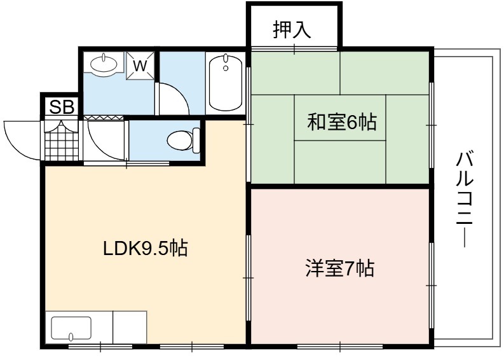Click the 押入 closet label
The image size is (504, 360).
(x=292, y=29)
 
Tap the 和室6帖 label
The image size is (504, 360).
(x=342, y=122)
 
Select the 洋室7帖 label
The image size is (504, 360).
(x=340, y=268)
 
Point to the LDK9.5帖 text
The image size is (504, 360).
(x=146, y=248)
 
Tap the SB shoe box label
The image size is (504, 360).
(x=62, y=107)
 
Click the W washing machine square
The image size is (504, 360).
(x=140, y=66)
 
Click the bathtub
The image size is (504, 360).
(x=226, y=82)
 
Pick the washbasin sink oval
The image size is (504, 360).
(x=104, y=64)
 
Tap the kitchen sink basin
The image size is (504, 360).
(x=71, y=328)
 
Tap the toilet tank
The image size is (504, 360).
(x=196, y=141)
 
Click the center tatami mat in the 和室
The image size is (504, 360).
(x=340, y=118)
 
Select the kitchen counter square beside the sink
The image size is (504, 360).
(x=130, y=328)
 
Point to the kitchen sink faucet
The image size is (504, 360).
(x=71, y=336)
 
